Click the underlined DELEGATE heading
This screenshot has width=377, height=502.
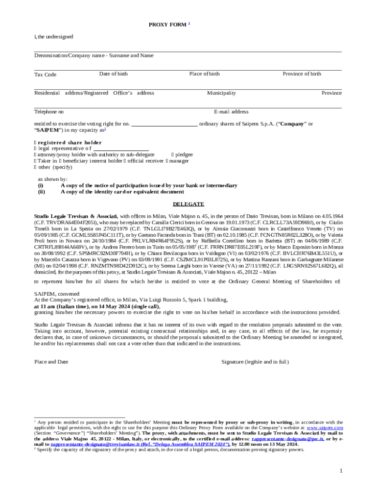pyautogui.click(x=188, y=204)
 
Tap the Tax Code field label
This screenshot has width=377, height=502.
pyautogui.click(x=45, y=75)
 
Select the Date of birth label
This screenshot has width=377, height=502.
pyautogui.click(x=113, y=74)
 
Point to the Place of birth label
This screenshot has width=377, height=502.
pyautogui.click(x=205, y=74)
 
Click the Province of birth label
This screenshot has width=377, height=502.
pyautogui.click(x=302, y=74)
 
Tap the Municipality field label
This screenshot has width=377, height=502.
pyautogui.click(x=221, y=93)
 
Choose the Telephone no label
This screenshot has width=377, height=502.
pyautogui.click(x=48, y=112)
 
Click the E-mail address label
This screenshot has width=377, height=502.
pyautogui.click(x=231, y=112)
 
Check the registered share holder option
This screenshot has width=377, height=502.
pyautogui.click(x=35, y=143)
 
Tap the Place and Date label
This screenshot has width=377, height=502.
pyautogui.click(x=51, y=362)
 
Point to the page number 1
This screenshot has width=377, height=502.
pyautogui.click(x=341, y=471)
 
